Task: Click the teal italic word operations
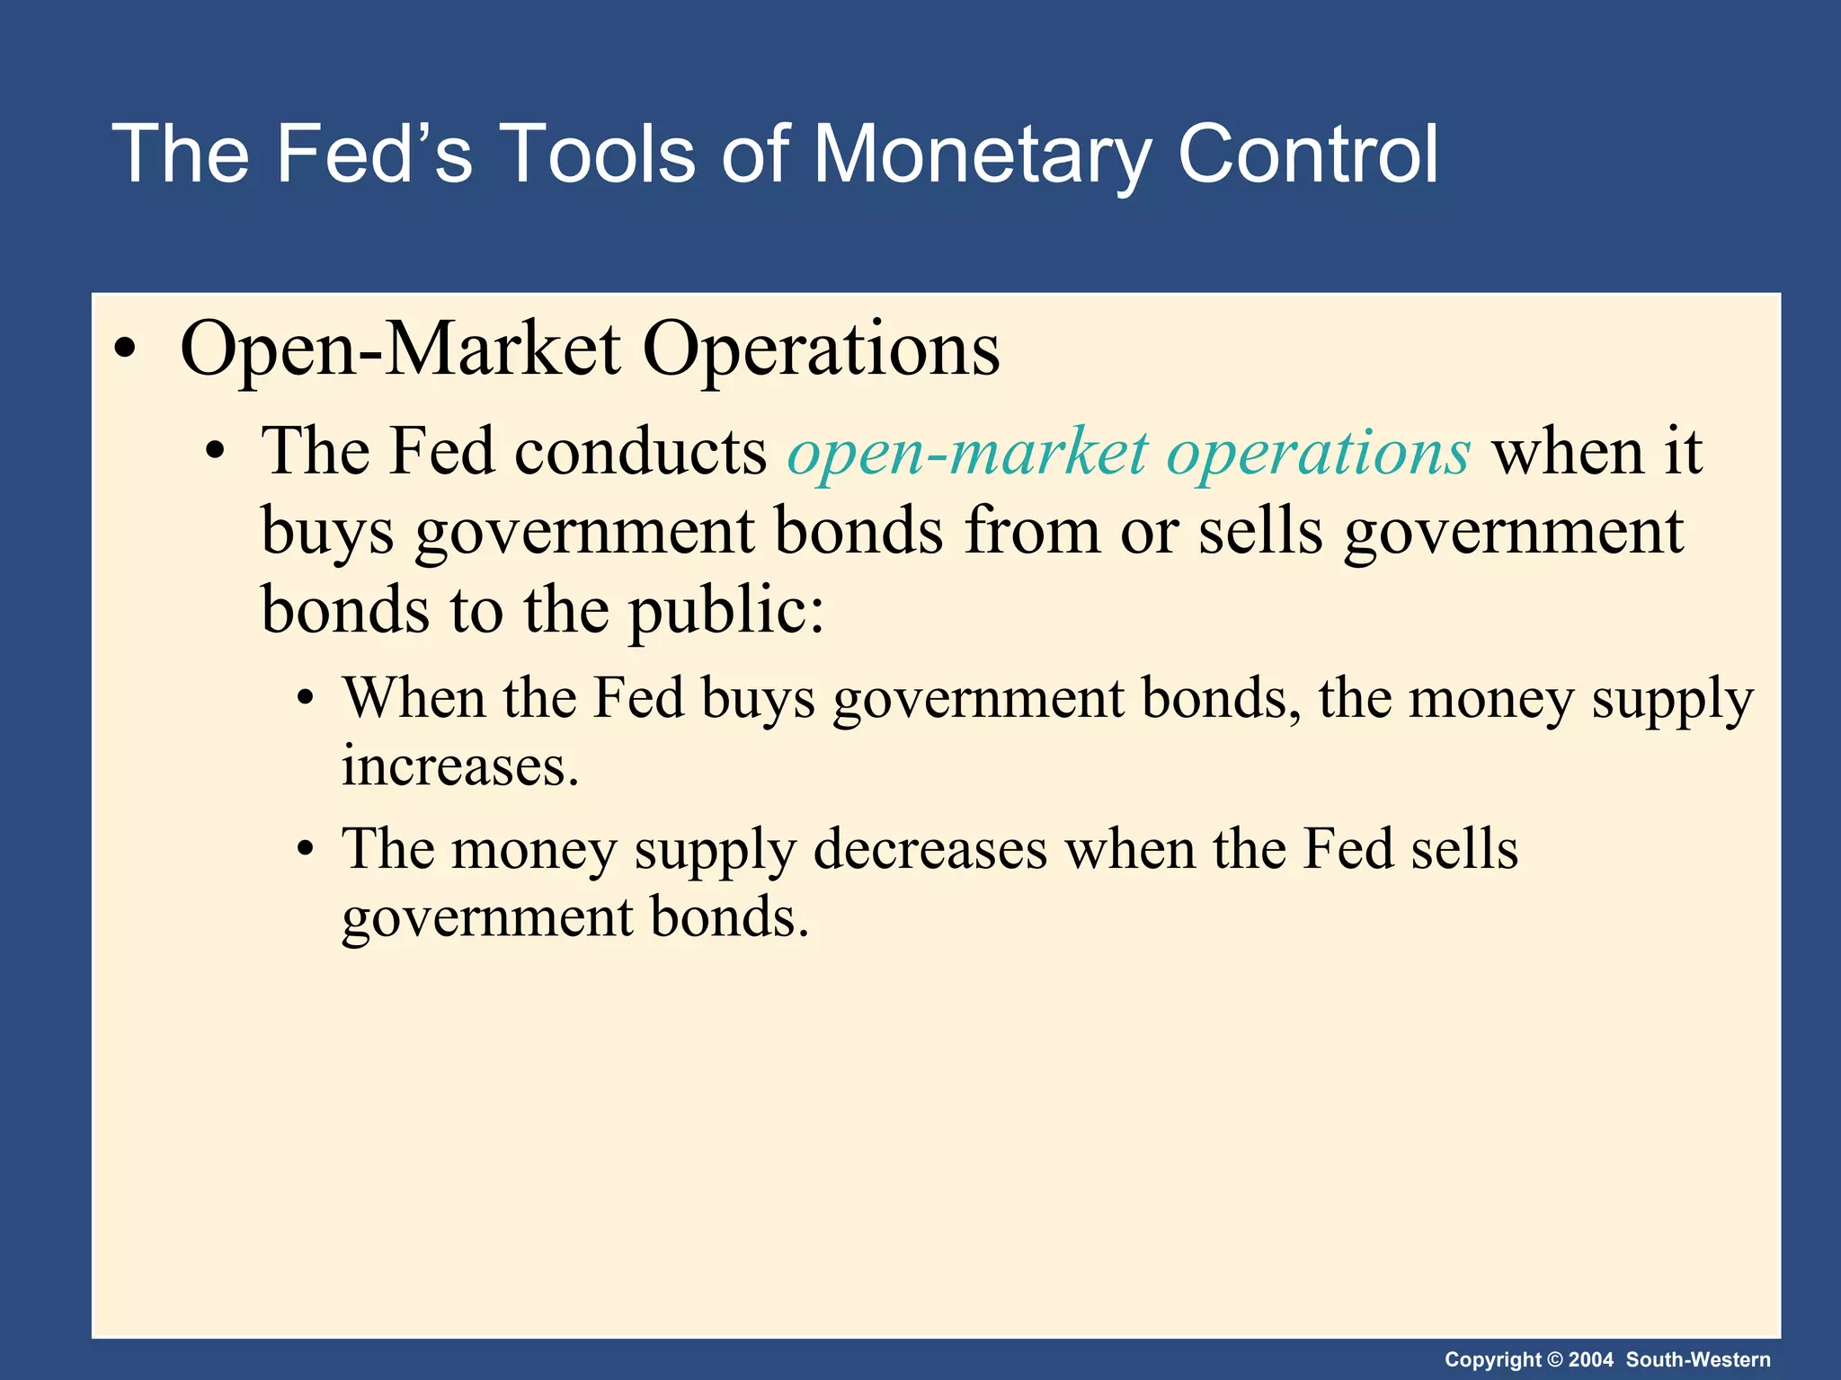(1318, 453)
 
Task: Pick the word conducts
(640, 451)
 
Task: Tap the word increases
(459, 767)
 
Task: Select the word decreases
(929, 848)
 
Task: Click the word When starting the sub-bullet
(414, 697)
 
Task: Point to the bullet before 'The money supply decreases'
(307, 849)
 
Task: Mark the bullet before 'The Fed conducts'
(214, 452)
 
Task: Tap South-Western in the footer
(1698, 1360)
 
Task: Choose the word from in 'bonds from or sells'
(1032, 532)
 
